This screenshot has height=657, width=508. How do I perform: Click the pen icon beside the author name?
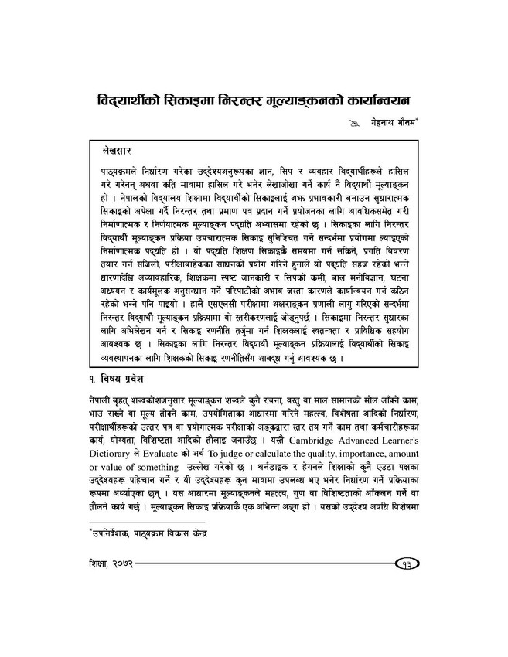point(354,124)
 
